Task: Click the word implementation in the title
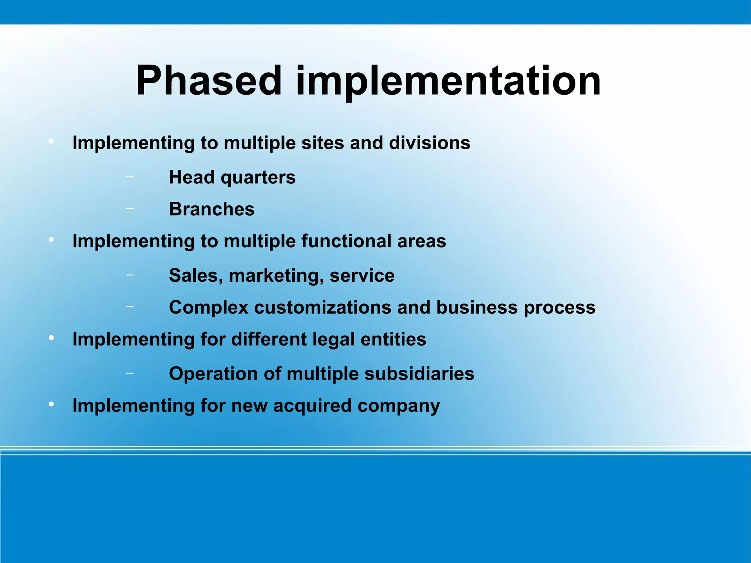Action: click(x=448, y=81)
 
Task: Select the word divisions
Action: click(x=429, y=143)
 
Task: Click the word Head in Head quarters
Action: click(x=192, y=177)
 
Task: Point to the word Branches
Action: click(x=212, y=209)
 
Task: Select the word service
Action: click(x=362, y=275)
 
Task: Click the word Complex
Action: click(x=209, y=307)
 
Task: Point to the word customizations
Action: click(x=323, y=307)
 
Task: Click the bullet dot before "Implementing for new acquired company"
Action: click(x=51, y=404)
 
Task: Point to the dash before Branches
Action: click(x=129, y=209)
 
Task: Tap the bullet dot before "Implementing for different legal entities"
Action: click(x=51, y=337)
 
